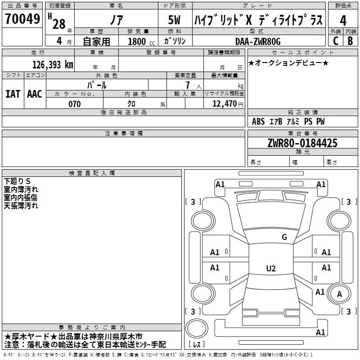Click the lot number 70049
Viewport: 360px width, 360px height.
(x=22, y=19)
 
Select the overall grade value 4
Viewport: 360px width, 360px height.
(x=343, y=21)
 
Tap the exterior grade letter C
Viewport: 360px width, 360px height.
(x=335, y=40)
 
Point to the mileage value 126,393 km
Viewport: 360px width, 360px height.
(x=53, y=65)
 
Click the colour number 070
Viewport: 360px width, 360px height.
(x=74, y=104)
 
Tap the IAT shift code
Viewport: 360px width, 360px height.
(x=13, y=94)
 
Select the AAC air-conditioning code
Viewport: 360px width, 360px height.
(x=34, y=94)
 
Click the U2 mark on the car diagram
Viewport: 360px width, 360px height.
(x=270, y=269)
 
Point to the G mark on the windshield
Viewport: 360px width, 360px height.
(x=284, y=237)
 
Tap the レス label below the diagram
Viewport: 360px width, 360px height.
(x=198, y=345)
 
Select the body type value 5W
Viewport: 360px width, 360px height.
(x=175, y=21)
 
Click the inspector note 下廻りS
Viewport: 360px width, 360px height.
(x=17, y=181)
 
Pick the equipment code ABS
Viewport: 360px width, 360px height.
(x=258, y=121)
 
